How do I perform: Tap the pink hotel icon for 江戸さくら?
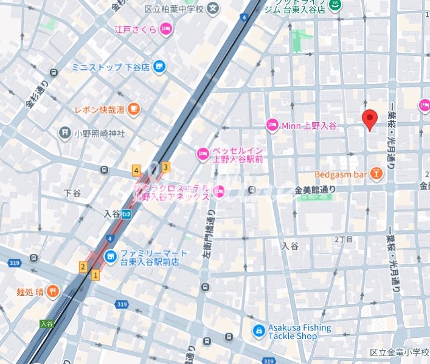click(x=166, y=29)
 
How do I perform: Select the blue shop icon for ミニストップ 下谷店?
click(x=159, y=67)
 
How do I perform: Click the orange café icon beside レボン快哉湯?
click(x=134, y=109)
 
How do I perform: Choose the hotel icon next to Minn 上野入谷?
click(x=272, y=125)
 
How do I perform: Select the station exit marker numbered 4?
click(x=136, y=171)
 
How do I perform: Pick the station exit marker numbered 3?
click(x=165, y=167)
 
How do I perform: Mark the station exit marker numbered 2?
click(x=82, y=267)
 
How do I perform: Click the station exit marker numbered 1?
click(x=95, y=275)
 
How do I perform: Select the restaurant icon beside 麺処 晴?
click(x=53, y=291)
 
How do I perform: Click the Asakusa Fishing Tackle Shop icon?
click(x=259, y=331)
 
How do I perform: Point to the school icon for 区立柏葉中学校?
click(x=213, y=8)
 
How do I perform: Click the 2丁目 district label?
click(x=343, y=240)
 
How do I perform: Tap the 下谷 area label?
click(x=72, y=193)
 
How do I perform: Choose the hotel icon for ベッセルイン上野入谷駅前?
click(x=202, y=154)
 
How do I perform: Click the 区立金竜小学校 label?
click(x=399, y=352)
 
